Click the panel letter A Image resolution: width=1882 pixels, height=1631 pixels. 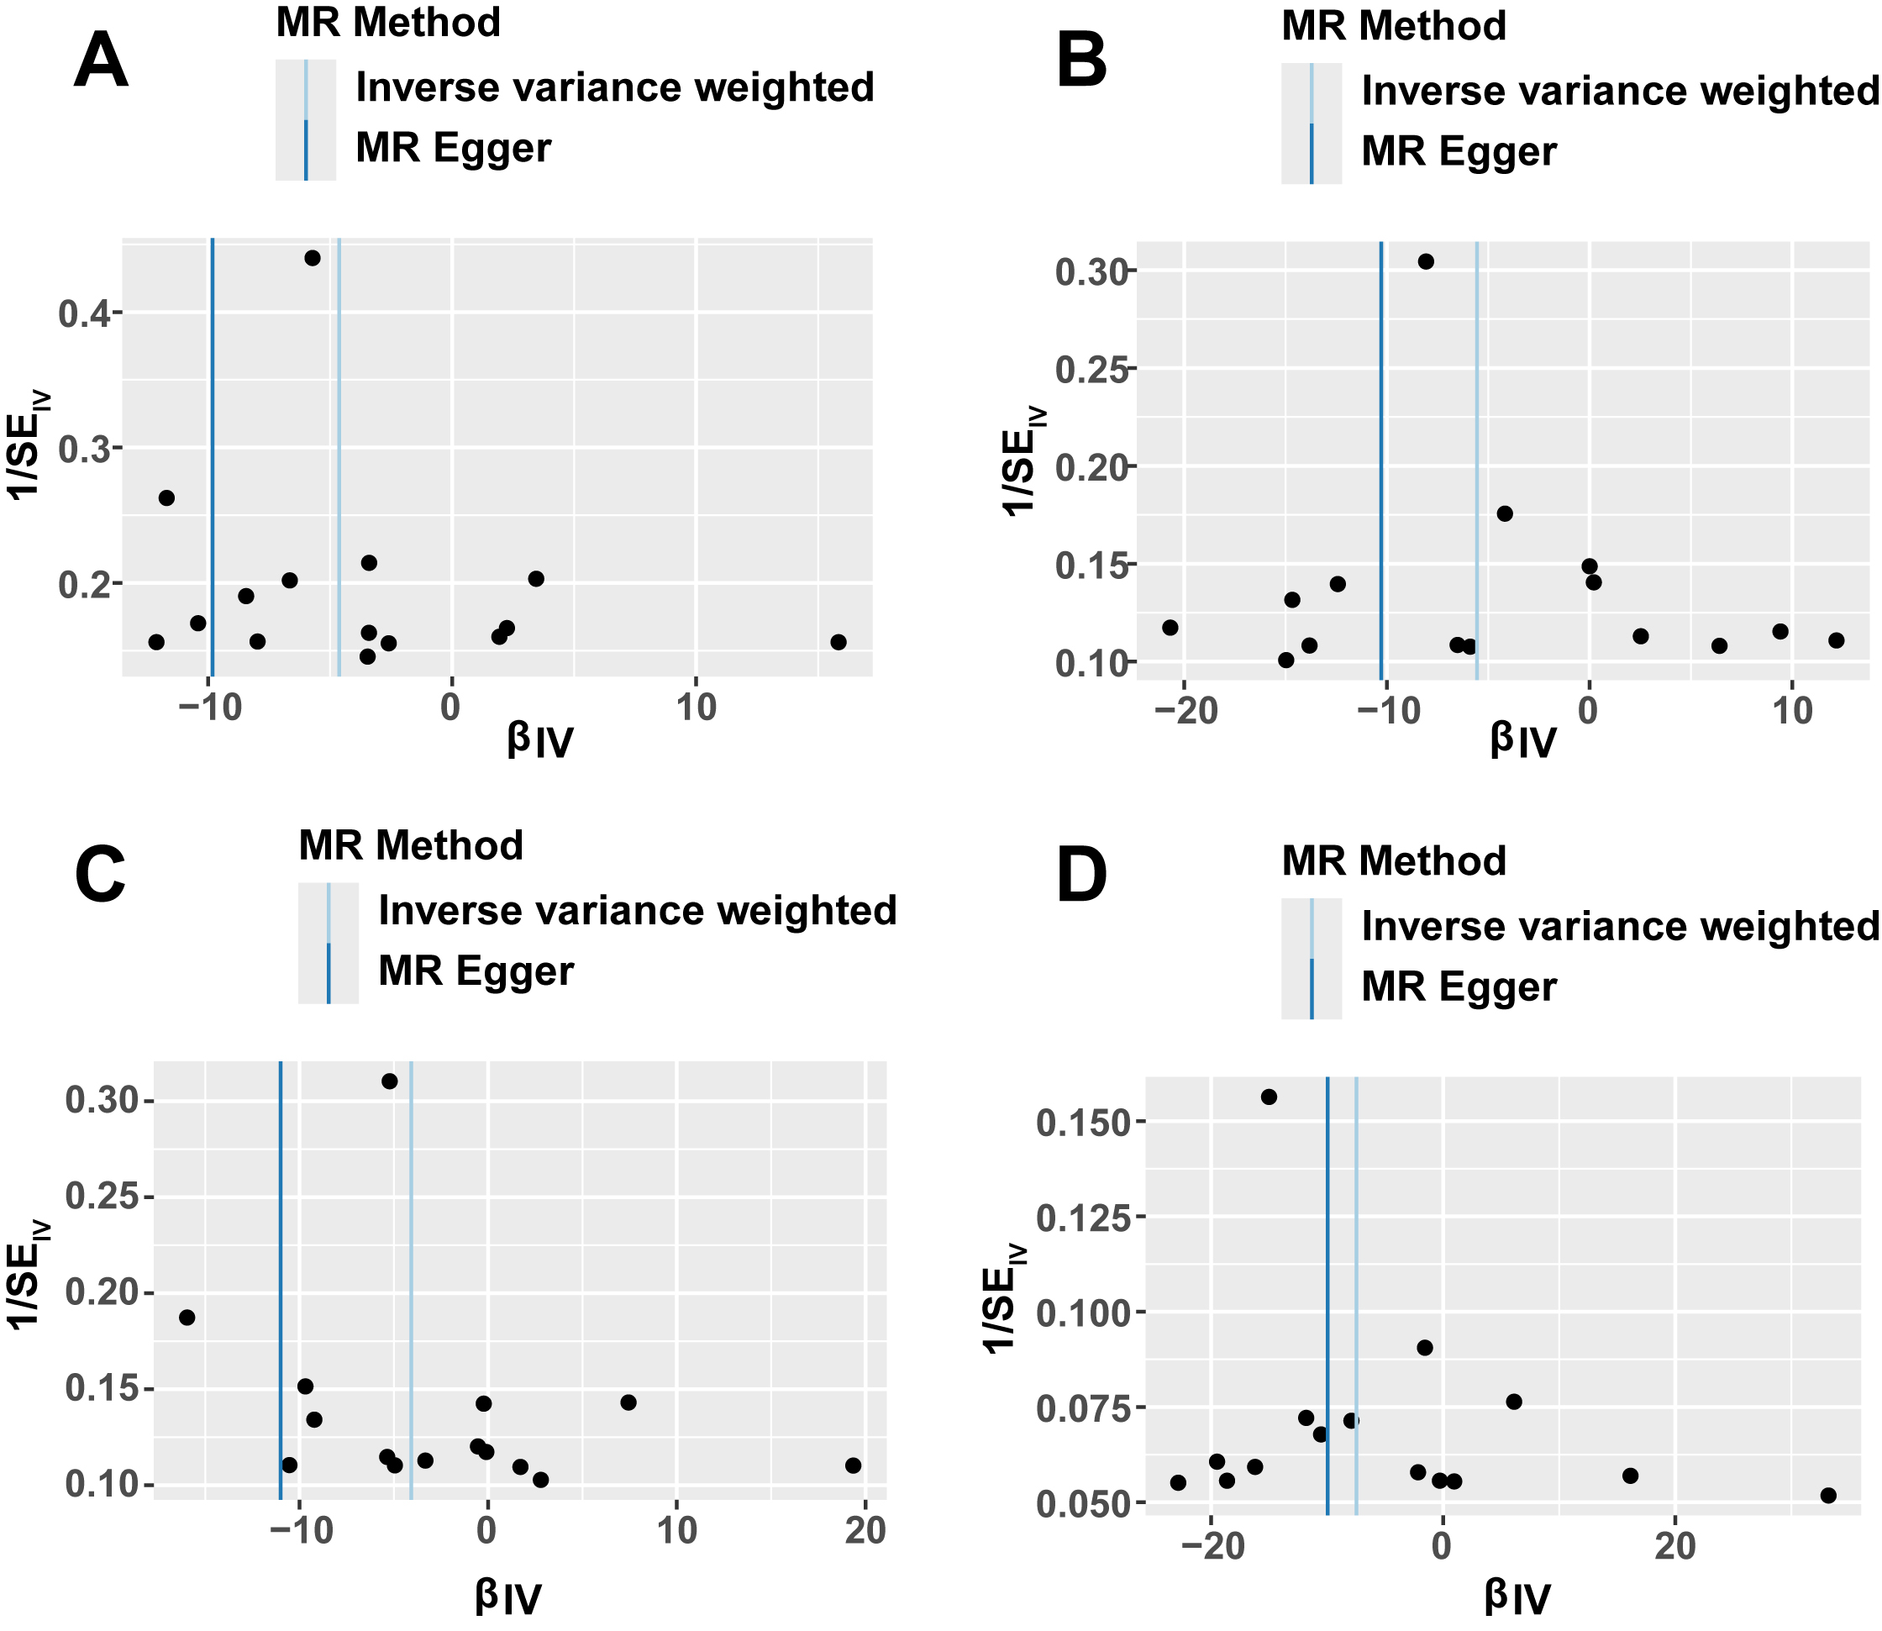point(100,62)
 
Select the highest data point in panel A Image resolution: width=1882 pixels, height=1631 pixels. point(313,258)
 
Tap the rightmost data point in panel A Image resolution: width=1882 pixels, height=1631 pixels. point(838,642)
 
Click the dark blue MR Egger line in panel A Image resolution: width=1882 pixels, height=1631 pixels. point(212,455)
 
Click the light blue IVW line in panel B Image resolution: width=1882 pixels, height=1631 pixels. point(1476,455)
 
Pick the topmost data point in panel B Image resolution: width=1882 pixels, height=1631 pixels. point(1426,262)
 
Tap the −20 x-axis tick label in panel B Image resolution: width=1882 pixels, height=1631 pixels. point(1183,712)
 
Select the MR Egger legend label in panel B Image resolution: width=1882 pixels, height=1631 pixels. point(1459,151)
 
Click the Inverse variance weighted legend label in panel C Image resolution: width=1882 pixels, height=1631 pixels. point(637,910)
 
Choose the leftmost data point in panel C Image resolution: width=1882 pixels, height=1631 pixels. point(187,1317)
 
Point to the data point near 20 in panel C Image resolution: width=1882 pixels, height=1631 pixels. point(853,1465)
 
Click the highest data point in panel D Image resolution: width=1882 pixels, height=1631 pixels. point(1269,1097)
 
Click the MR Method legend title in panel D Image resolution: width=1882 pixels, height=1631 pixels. point(1393,861)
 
